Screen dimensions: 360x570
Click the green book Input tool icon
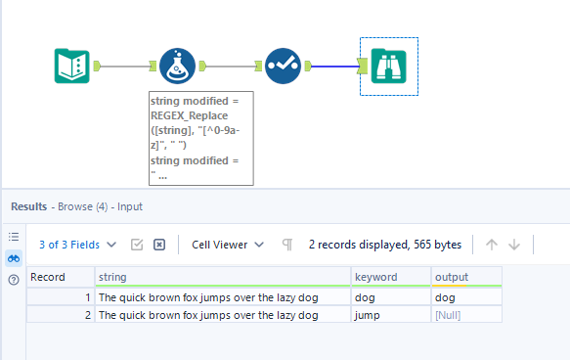[x=71, y=67]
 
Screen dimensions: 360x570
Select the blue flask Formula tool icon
[x=178, y=67]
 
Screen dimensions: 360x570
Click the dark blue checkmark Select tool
[x=284, y=67]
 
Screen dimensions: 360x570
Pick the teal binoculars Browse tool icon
[x=389, y=67]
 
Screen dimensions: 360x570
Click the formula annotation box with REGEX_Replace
[x=200, y=137]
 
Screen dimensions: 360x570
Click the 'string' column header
[x=222, y=277]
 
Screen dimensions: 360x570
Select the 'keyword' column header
[x=389, y=277]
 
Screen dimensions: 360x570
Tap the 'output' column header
[x=465, y=277]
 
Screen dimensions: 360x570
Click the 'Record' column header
[x=60, y=277]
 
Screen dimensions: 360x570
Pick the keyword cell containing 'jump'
[x=389, y=315]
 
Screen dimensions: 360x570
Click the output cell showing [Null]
[x=465, y=315]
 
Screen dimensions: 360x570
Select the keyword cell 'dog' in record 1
[x=389, y=296]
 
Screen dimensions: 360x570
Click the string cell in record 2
[x=222, y=315]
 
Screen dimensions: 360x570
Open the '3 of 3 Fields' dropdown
[x=77, y=245]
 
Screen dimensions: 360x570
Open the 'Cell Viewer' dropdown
[x=228, y=245]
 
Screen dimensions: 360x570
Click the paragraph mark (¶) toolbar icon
[x=287, y=245]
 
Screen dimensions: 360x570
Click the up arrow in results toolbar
[x=492, y=245]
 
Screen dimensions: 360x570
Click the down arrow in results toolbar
[x=514, y=245]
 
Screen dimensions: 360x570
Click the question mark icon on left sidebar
[x=14, y=280]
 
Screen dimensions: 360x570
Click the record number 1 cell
[x=60, y=296]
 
